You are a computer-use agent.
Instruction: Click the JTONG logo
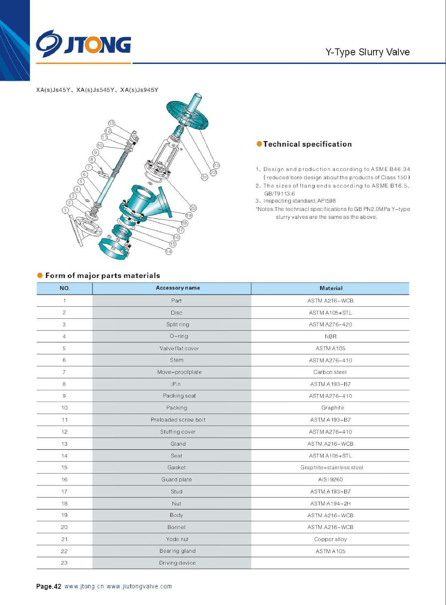(84, 44)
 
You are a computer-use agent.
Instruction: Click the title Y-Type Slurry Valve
(367, 52)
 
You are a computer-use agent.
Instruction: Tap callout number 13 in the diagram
(111, 123)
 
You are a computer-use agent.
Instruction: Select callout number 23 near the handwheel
(216, 165)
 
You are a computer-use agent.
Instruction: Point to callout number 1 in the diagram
(65, 210)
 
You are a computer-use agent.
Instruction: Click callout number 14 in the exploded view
(169, 251)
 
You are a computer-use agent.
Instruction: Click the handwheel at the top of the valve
(187, 113)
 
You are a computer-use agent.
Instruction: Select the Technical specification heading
(307, 144)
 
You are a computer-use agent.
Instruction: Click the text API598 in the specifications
(326, 201)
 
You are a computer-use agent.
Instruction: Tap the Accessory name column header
(178, 288)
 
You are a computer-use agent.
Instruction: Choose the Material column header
(331, 288)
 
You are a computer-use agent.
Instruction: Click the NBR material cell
(330, 336)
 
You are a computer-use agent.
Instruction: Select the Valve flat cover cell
(179, 348)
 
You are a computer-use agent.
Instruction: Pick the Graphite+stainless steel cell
(332, 467)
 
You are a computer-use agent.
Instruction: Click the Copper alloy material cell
(330, 539)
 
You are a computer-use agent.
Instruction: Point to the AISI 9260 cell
(330, 479)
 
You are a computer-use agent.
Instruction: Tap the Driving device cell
(177, 563)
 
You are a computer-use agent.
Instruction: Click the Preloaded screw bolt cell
(178, 420)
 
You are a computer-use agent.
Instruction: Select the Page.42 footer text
(48, 586)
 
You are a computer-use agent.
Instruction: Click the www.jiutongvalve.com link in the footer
(139, 586)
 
